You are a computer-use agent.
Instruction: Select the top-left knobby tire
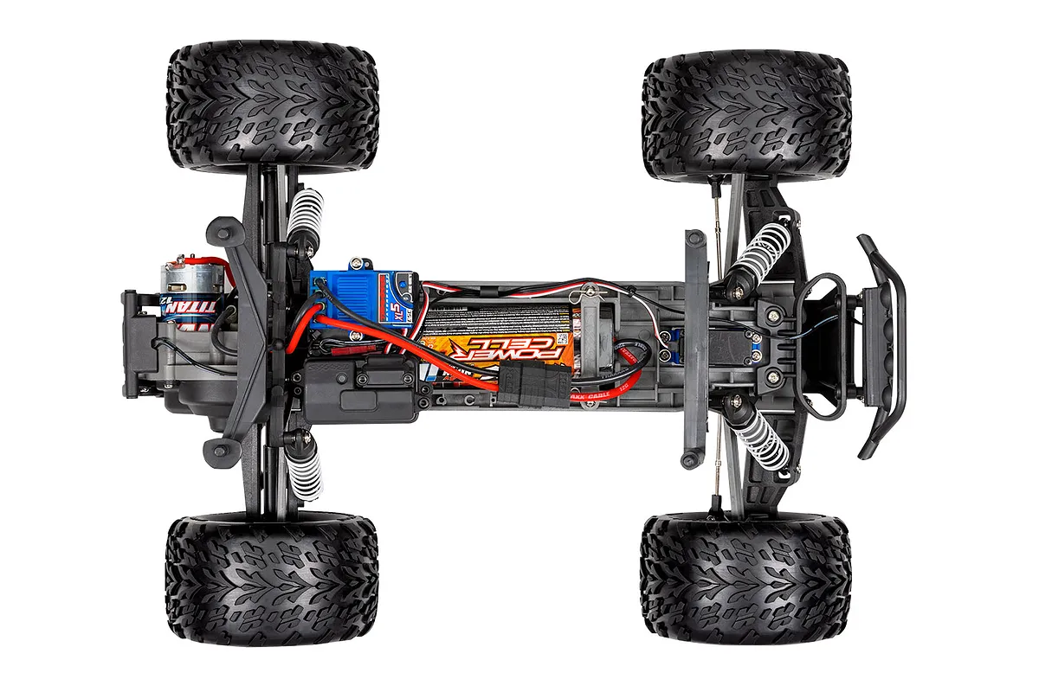(271, 106)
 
